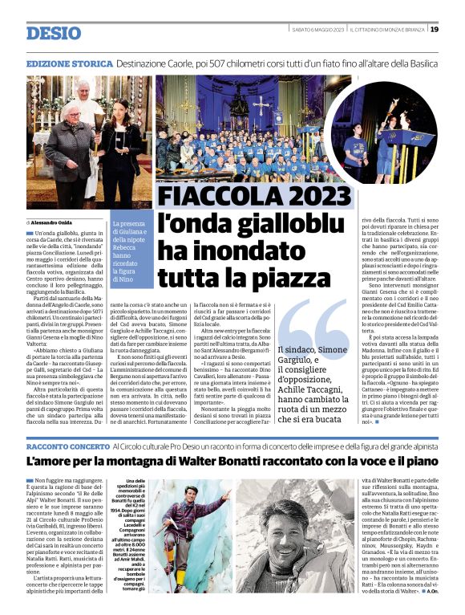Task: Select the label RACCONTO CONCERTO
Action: (x=67, y=445)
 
